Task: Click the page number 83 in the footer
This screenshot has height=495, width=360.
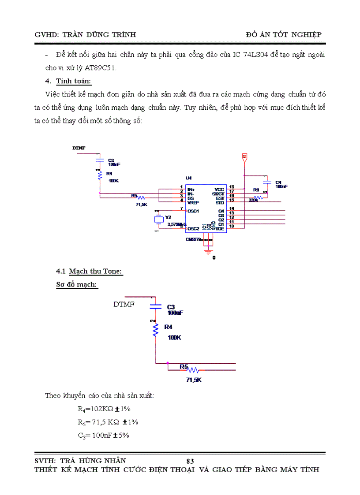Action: (x=190, y=461)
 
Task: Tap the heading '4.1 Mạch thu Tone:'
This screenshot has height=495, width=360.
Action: (x=89, y=272)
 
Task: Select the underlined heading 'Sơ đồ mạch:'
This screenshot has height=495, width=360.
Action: (x=77, y=285)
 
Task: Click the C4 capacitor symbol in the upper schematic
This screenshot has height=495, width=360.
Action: (x=266, y=182)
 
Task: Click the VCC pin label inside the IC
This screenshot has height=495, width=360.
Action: (x=219, y=189)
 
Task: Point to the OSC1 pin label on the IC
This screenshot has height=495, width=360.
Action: (x=193, y=211)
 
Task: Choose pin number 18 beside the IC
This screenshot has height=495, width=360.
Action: (x=232, y=187)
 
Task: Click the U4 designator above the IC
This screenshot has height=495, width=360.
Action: (x=188, y=178)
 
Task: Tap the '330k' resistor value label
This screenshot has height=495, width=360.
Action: (x=253, y=200)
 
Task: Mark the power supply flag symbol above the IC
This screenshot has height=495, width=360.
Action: (x=244, y=156)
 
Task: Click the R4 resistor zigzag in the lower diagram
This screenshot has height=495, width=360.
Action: (x=155, y=330)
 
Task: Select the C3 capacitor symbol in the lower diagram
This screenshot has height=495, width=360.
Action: (x=155, y=305)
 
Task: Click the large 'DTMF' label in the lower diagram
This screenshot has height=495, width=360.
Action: (x=124, y=304)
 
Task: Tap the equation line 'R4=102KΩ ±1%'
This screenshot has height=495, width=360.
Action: (x=104, y=409)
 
